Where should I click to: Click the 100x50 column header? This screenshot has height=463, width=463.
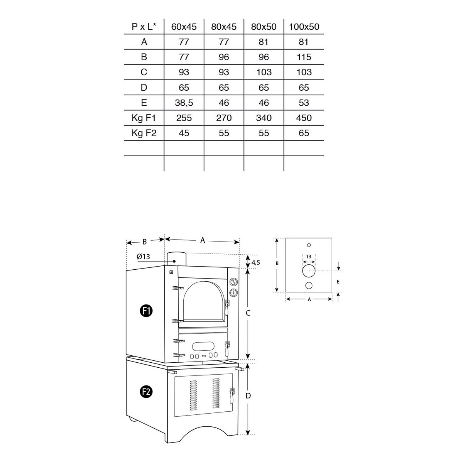click(x=304, y=27)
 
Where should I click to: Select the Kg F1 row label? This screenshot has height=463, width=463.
click(x=144, y=118)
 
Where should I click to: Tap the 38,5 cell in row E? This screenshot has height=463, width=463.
click(x=184, y=103)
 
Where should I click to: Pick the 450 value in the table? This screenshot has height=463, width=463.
click(x=304, y=118)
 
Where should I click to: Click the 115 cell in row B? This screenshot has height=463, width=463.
click(x=304, y=57)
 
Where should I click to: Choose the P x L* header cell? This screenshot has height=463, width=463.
click(x=144, y=27)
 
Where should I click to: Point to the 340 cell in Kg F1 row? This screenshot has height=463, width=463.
click(x=264, y=118)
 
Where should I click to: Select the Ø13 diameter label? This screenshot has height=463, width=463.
click(x=143, y=257)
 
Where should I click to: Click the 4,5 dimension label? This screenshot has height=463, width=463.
click(x=255, y=262)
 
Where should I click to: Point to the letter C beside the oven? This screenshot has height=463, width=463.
click(x=248, y=313)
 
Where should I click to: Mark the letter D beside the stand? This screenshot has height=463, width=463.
click(x=248, y=395)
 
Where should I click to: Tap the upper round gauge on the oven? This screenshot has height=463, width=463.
click(x=233, y=281)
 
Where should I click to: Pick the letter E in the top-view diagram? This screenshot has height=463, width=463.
click(x=338, y=282)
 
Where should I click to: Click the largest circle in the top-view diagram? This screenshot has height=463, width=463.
click(x=309, y=271)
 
